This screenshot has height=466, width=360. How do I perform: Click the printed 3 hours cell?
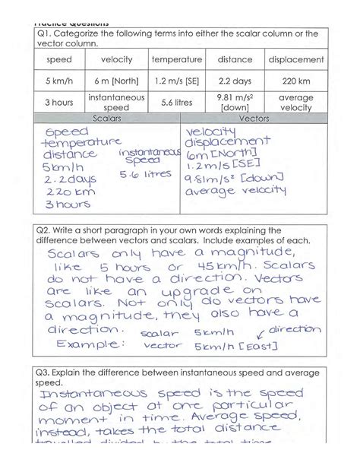click(58, 103)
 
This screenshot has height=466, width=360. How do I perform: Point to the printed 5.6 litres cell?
click(176, 103)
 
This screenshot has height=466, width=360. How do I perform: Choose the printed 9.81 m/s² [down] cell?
click(235, 103)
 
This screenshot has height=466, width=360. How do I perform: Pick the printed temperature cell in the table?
click(176, 59)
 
